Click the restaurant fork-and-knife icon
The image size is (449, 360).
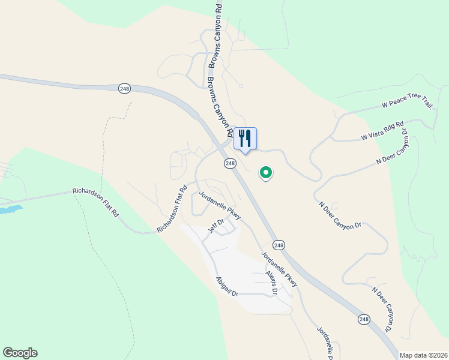(x=245, y=138)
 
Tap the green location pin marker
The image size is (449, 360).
(x=265, y=173)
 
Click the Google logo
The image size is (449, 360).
(x=20, y=353)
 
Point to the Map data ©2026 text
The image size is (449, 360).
(x=423, y=355)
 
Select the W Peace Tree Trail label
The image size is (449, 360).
(x=407, y=105)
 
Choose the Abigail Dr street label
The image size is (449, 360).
(x=228, y=286)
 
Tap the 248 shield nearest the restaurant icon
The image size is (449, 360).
(x=230, y=163)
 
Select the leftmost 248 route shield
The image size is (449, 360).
(x=124, y=88)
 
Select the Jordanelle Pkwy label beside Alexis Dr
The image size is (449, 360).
(x=279, y=266)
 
